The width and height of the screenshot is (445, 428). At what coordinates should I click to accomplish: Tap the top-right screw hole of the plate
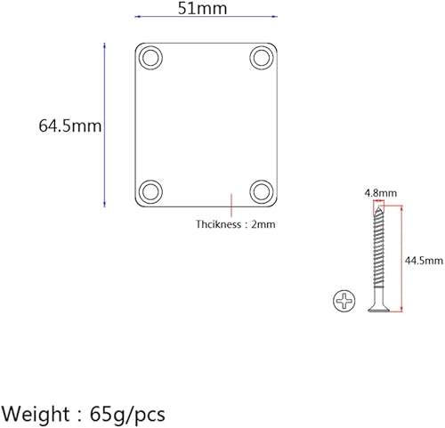pyautogui.click(x=260, y=58)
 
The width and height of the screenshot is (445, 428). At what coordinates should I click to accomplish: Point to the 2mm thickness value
pyautogui.click(x=263, y=225)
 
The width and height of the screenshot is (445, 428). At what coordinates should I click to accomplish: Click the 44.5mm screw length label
pyautogui.click(x=424, y=260)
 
